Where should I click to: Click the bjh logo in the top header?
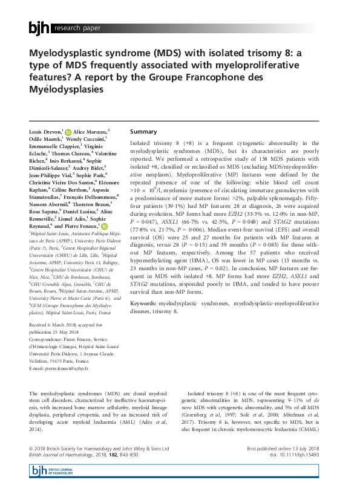(39, 27)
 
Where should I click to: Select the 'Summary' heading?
(143, 131)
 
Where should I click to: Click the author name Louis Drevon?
(45, 131)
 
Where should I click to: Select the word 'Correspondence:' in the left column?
(47, 339)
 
